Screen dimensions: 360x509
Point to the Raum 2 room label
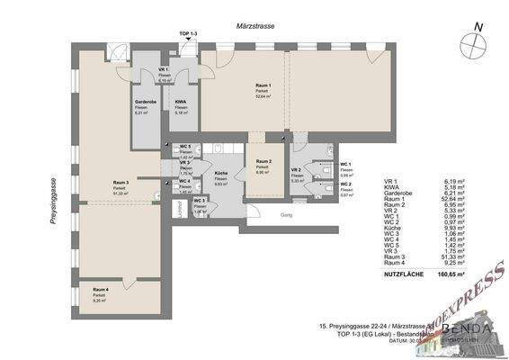263,163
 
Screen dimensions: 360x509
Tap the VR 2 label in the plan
296,171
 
